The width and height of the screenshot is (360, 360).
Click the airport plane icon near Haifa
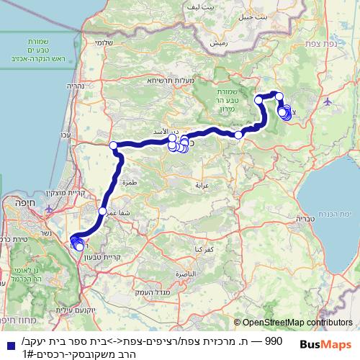pyautogui.click(x=49, y=210)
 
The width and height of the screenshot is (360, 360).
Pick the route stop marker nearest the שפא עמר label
pyautogui.click(x=102, y=211)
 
